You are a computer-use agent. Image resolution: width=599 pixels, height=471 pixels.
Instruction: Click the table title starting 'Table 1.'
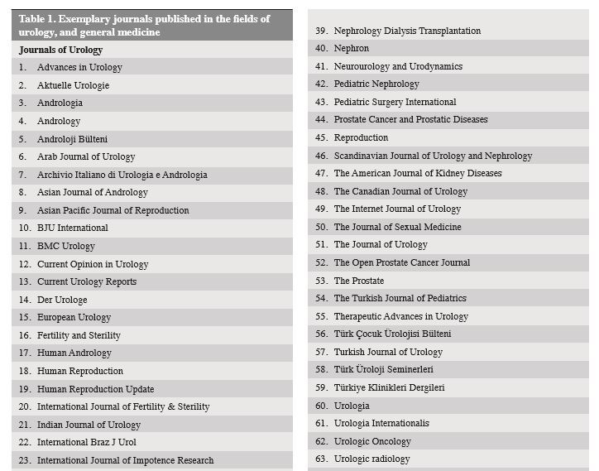(145, 25)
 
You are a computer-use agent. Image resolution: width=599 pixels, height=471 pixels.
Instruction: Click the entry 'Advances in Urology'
(79, 67)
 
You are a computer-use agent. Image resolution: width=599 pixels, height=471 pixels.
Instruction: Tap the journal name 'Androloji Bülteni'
(72, 139)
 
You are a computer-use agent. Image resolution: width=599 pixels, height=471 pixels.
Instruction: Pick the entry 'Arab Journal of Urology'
(86, 156)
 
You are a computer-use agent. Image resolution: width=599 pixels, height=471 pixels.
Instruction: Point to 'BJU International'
(73, 228)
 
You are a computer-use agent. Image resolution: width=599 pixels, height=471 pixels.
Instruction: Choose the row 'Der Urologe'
(62, 300)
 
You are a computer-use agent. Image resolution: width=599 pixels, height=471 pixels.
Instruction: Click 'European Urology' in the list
(74, 317)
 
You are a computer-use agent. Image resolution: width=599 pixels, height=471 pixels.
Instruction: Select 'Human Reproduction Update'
(95, 389)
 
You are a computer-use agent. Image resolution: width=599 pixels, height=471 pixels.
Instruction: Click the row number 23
(24, 460)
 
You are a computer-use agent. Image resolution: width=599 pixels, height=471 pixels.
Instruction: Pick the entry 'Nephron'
(352, 49)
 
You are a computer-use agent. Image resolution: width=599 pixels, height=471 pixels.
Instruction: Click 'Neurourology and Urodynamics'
(398, 66)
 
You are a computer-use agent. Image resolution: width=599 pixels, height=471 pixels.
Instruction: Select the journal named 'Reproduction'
(361, 137)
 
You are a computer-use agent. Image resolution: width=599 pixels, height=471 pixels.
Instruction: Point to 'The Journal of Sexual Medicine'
(398, 227)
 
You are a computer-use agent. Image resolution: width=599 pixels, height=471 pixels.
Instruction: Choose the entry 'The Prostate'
(359, 281)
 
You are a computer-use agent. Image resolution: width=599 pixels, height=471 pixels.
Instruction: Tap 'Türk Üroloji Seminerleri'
(384, 369)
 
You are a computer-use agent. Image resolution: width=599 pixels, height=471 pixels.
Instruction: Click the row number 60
(321, 406)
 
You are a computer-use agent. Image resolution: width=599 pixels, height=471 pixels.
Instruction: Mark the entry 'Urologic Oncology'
(372, 441)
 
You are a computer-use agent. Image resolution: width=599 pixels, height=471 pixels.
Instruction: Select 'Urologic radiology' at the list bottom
(372, 459)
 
